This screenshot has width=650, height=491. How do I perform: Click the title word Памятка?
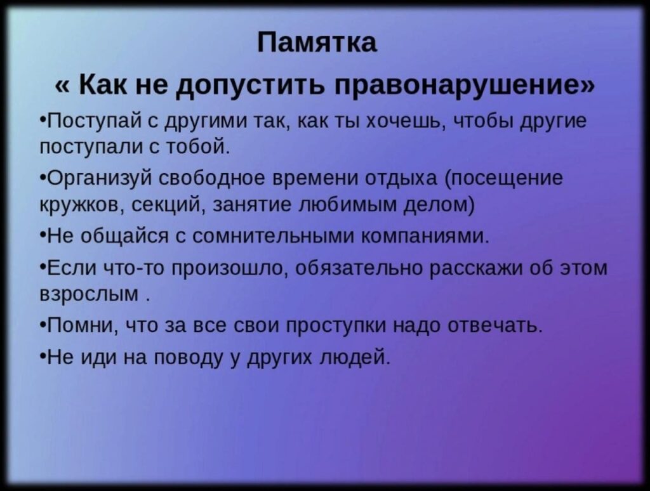pos(317,43)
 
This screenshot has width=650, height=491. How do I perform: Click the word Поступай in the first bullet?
pos(95,121)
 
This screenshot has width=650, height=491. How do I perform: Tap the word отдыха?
pos(401,179)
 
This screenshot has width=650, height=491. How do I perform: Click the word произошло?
pos(229,268)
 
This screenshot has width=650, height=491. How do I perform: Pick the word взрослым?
pos(90,294)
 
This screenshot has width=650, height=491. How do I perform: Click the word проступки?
pos(336,325)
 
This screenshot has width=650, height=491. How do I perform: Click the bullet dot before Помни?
pos(44,324)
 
